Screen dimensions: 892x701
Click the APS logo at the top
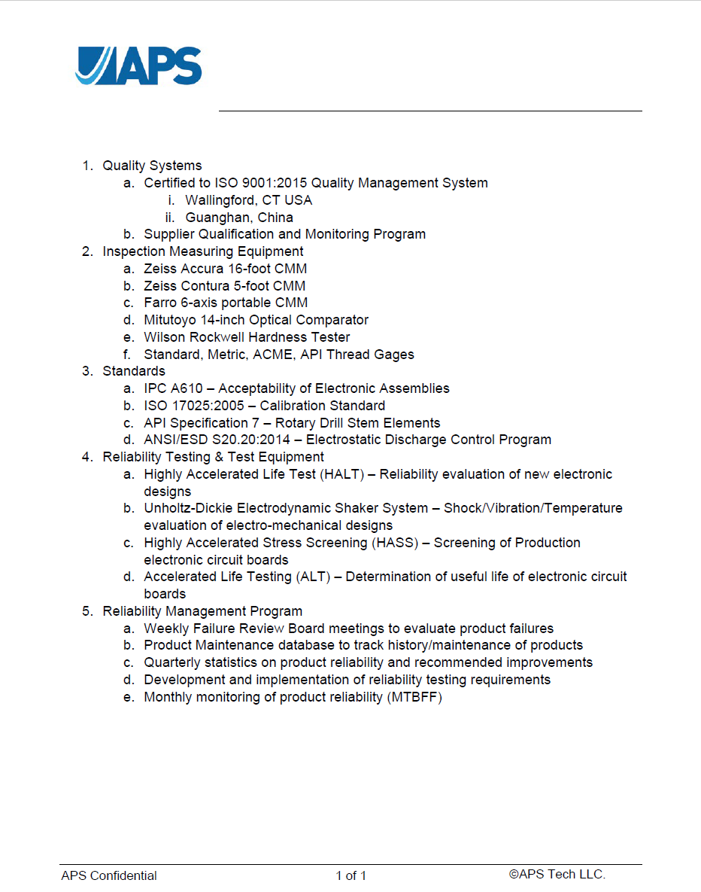pyautogui.click(x=138, y=66)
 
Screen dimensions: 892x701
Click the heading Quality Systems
pyautogui.click(x=152, y=166)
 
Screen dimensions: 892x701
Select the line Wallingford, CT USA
pyautogui.click(x=248, y=200)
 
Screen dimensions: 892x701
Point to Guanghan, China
pyautogui.click(x=239, y=218)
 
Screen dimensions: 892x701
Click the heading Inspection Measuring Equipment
pyautogui.click(x=203, y=251)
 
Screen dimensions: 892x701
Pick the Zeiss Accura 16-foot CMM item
pyautogui.click(x=226, y=269)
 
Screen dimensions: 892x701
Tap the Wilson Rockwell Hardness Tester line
pyautogui.click(x=247, y=337)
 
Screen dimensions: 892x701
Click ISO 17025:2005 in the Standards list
pyautogui.click(x=194, y=406)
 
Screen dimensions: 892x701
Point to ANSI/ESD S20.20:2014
pyautogui.click(x=217, y=440)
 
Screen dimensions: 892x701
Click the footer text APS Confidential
pyautogui.click(x=109, y=875)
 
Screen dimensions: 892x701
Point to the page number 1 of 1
pyautogui.click(x=351, y=875)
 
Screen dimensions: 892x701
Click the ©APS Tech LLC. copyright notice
pyautogui.click(x=557, y=874)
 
